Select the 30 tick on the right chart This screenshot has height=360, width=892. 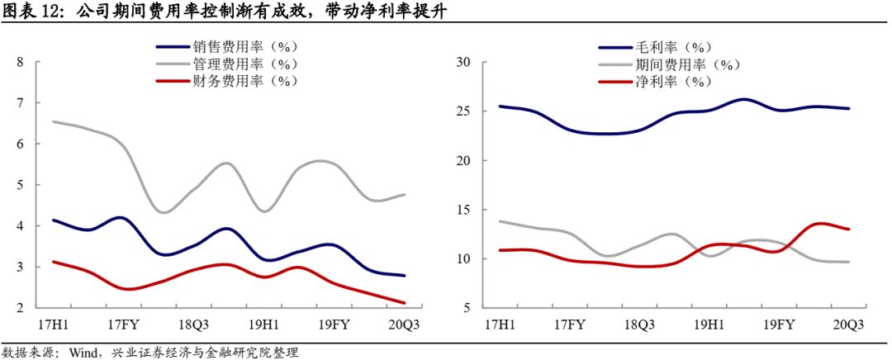pos(463,62)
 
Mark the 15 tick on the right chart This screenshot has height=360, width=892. pos(463,210)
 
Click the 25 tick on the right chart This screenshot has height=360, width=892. pos(463,111)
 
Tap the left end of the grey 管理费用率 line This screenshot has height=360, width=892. pos(53,122)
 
